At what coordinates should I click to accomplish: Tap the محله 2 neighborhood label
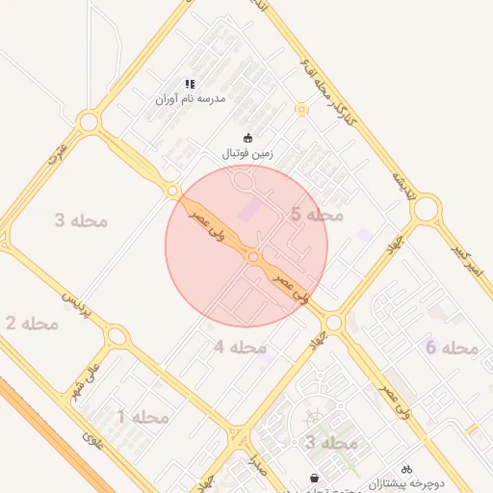click(x=23, y=324)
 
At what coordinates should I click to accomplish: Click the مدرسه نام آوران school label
click(x=191, y=98)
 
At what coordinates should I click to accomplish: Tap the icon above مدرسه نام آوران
click(x=191, y=85)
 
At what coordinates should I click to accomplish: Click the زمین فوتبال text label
click(x=248, y=152)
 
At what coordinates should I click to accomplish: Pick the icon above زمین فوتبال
click(x=248, y=139)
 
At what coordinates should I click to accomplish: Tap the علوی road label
click(x=91, y=445)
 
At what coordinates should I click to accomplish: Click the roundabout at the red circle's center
click(x=252, y=257)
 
